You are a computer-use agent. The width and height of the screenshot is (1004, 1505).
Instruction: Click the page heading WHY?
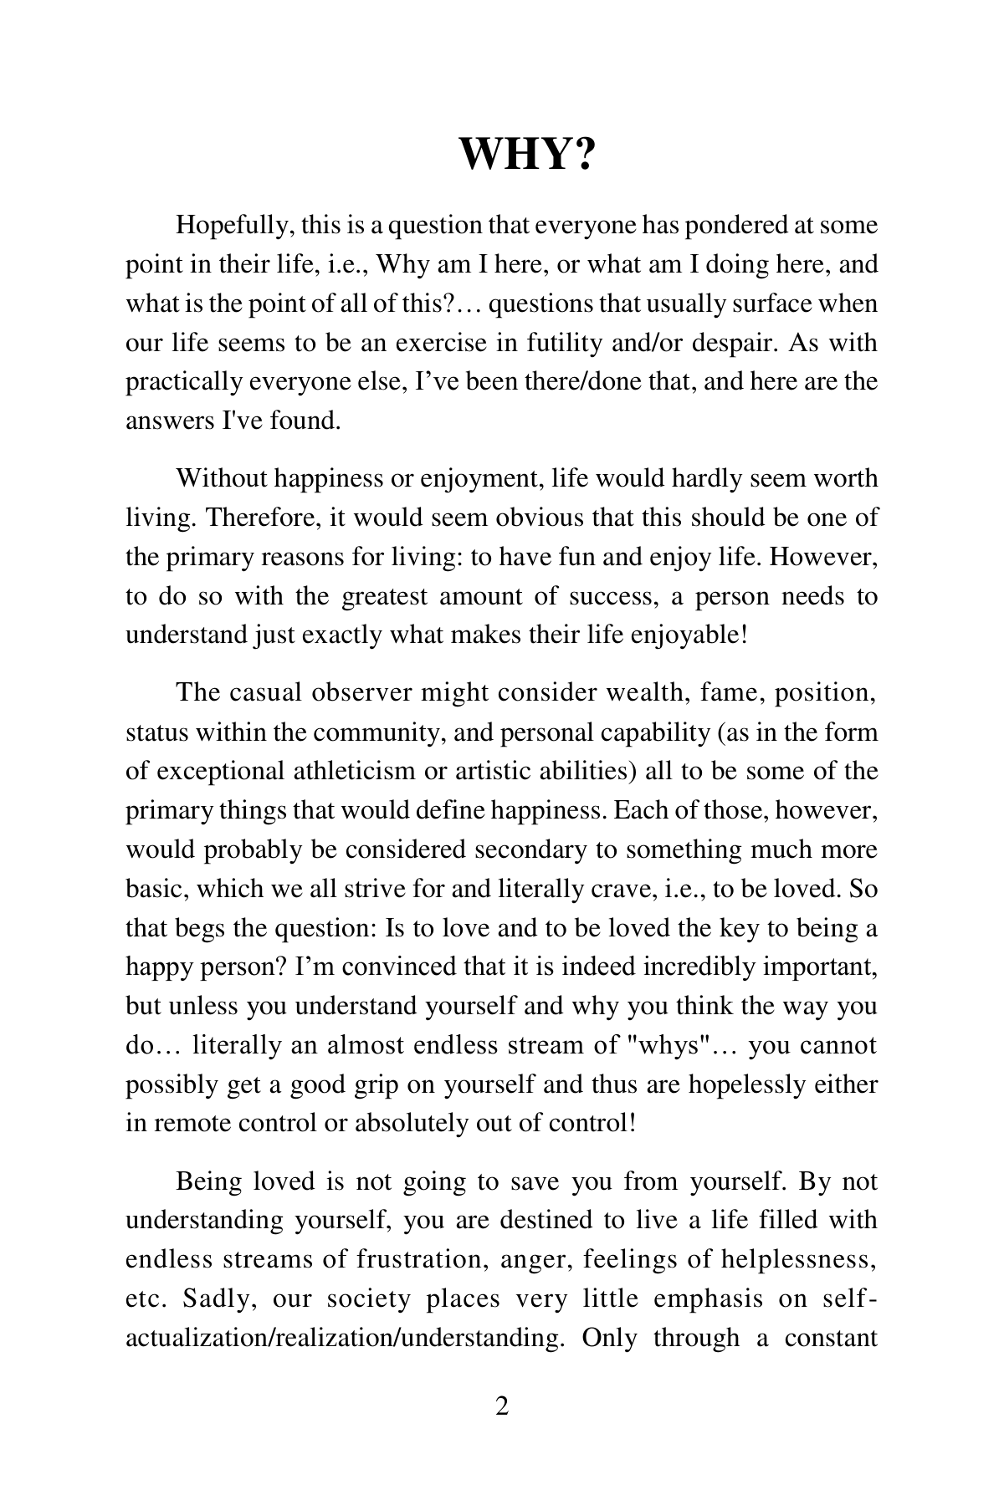527,153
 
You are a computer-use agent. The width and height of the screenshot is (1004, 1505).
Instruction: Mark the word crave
612,888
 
